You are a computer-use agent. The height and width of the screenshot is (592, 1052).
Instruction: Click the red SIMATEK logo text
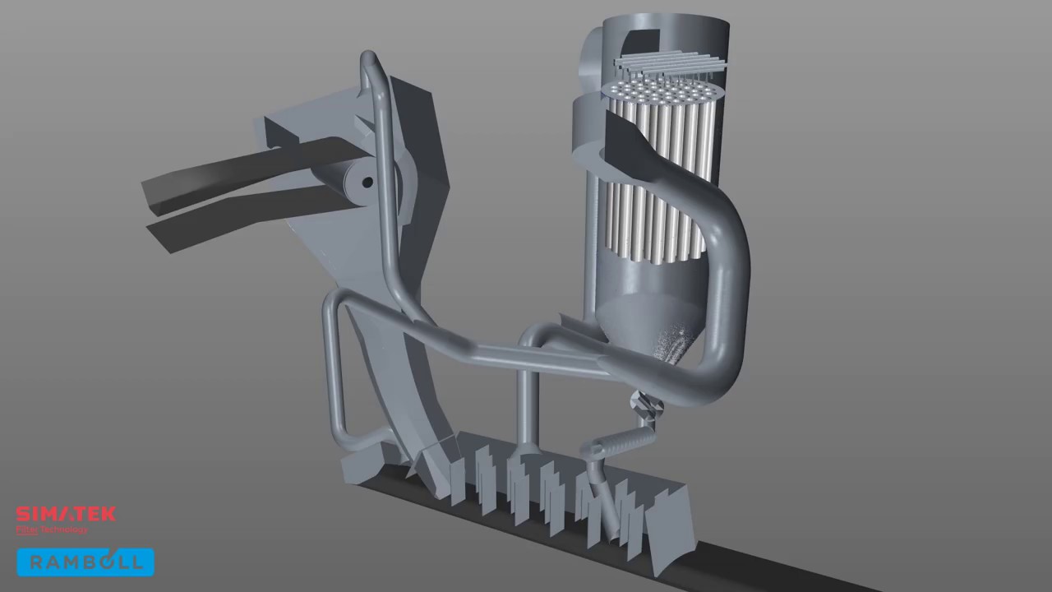click(x=66, y=515)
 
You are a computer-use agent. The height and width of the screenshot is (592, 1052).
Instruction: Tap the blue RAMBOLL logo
click(x=85, y=562)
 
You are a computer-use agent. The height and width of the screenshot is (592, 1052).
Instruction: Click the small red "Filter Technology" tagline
click(x=52, y=530)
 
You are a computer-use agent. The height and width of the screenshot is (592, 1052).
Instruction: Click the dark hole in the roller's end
click(x=367, y=182)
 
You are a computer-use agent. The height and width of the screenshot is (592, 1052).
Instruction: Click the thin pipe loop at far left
click(x=333, y=370)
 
